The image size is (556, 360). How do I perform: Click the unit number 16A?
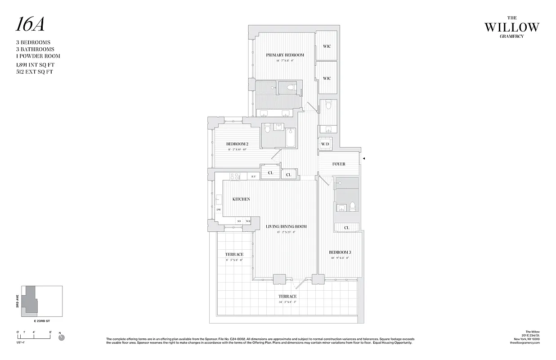pyautogui.click(x=30, y=25)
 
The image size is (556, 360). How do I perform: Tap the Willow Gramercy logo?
pyautogui.click(x=511, y=28)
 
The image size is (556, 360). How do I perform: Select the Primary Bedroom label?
pyautogui.click(x=285, y=55)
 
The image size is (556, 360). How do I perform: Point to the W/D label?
pyautogui.click(x=325, y=144)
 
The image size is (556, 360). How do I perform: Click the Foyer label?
pyautogui.click(x=339, y=164)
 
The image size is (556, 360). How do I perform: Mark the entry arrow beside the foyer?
pyautogui.click(x=364, y=158)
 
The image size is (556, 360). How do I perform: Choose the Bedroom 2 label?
pyautogui.click(x=238, y=144)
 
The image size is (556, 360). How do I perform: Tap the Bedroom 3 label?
pyautogui.click(x=340, y=252)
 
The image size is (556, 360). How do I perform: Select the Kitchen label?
pyautogui.click(x=241, y=199)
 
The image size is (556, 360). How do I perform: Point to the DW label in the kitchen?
pyautogui.click(x=219, y=210)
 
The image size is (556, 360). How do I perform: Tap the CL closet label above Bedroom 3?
pyautogui.click(x=346, y=228)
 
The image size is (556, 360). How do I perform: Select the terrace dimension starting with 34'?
pyautogui.click(x=287, y=302)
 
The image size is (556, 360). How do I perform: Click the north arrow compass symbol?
pyautogui.click(x=62, y=337)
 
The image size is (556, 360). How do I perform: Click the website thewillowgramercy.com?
pyautogui.click(x=525, y=343)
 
